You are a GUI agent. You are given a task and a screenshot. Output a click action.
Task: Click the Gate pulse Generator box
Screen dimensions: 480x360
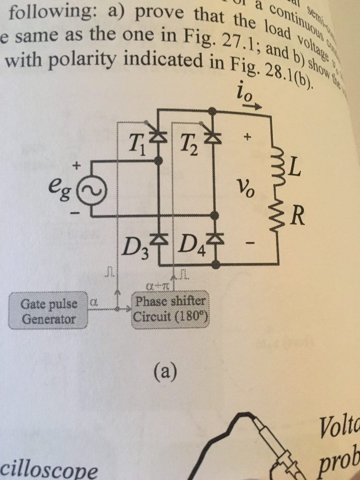point(49,311)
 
